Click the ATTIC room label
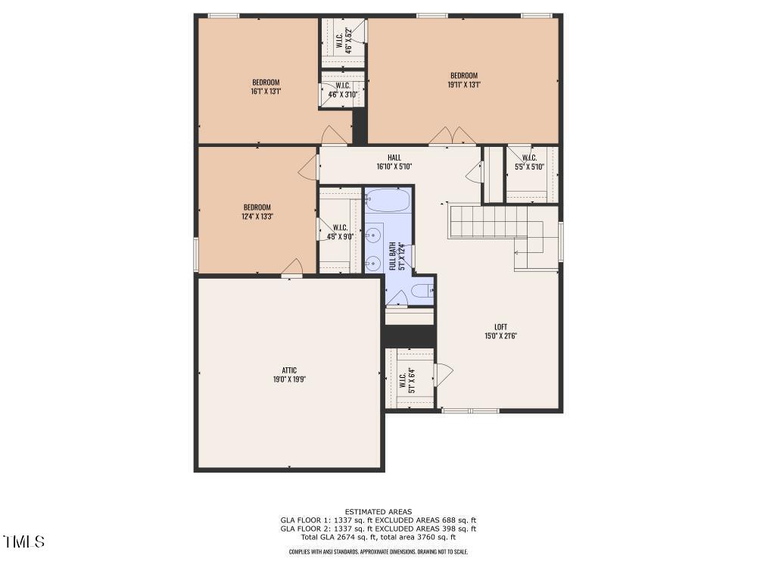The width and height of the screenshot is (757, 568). click(x=289, y=370)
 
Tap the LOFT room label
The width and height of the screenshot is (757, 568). click(x=500, y=327)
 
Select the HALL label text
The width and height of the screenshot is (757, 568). click(x=394, y=158)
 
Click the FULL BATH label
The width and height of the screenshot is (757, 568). click(x=392, y=256)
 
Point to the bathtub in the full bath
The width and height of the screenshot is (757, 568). click(x=388, y=199)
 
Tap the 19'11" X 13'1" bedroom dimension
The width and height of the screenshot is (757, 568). click(x=464, y=84)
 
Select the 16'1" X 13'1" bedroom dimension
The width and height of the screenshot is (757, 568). click(x=266, y=91)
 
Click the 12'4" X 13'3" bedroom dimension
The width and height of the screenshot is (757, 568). click(x=257, y=217)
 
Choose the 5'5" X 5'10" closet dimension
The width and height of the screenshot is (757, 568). click(x=529, y=167)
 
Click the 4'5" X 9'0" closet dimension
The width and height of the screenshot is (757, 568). click(x=341, y=236)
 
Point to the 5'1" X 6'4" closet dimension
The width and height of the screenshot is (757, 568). click(x=412, y=381)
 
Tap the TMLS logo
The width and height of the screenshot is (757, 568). click(x=23, y=541)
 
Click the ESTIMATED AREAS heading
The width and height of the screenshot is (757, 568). click(x=378, y=511)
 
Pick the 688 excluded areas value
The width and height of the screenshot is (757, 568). click(x=449, y=520)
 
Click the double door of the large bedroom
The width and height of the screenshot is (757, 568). click(x=453, y=136)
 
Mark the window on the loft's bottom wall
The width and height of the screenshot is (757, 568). click(x=471, y=410)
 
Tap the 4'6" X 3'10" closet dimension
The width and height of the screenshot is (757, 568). click(x=343, y=94)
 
